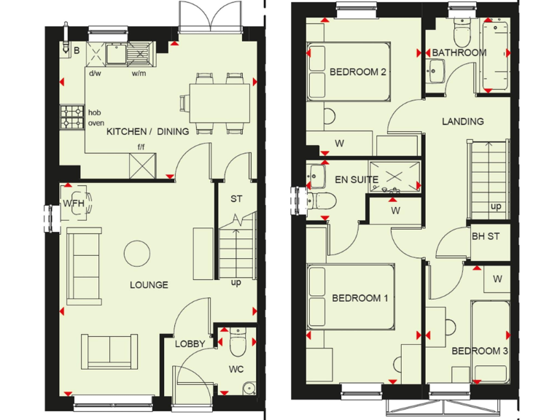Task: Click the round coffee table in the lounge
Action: [138, 254]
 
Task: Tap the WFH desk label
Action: [74, 203]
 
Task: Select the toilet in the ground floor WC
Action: [236, 339]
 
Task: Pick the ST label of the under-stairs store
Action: [236, 198]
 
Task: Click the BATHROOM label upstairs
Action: [459, 53]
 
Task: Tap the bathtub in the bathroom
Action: [495, 56]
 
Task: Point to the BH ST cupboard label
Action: [485, 236]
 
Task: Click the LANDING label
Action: [462, 122]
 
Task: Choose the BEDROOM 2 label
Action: [357, 72]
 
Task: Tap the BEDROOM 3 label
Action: [479, 351]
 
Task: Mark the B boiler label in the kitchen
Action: [76, 50]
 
